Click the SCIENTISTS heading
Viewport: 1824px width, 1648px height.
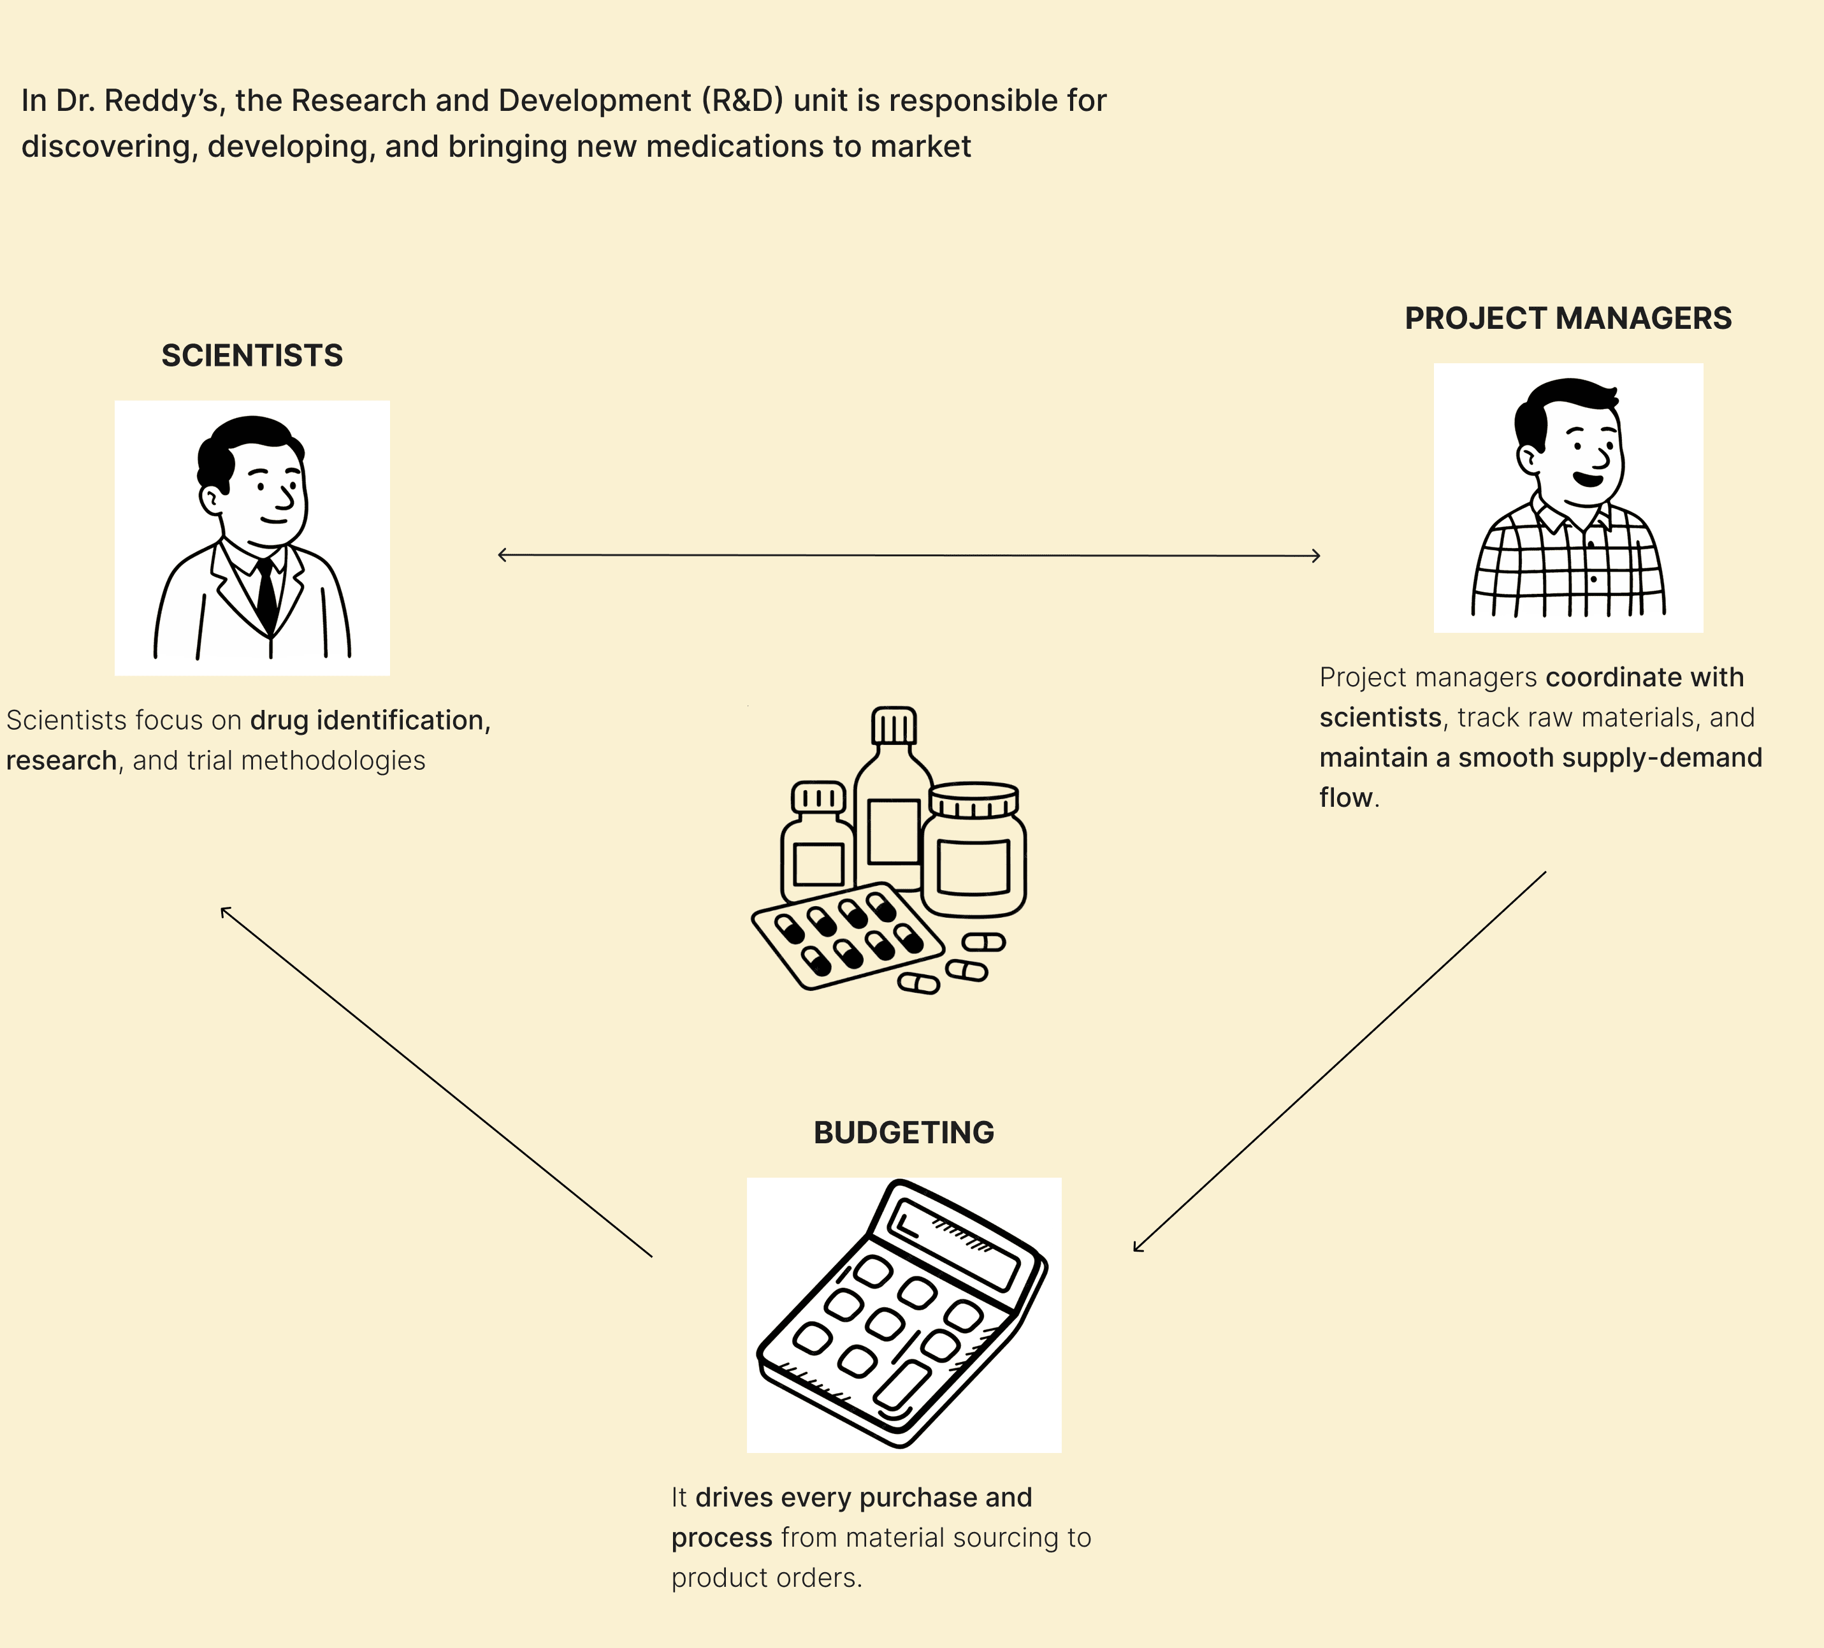click(x=252, y=356)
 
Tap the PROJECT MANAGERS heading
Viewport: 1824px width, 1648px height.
click(x=1567, y=319)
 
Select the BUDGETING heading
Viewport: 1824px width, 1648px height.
click(x=903, y=1132)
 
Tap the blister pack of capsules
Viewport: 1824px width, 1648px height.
click(x=847, y=937)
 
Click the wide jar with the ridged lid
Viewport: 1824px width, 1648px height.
click(x=974, y=850)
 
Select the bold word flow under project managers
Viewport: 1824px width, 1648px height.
click(x=1345, y=798)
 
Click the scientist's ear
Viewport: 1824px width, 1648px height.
click(x=211, y=498)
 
